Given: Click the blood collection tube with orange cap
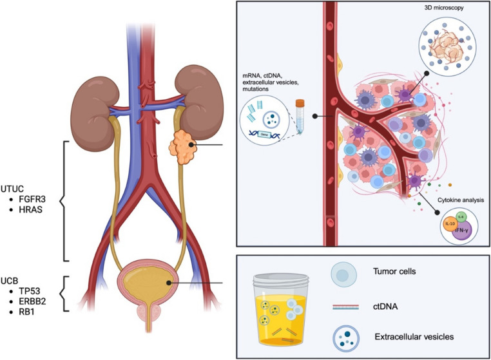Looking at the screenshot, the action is (300, 117).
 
